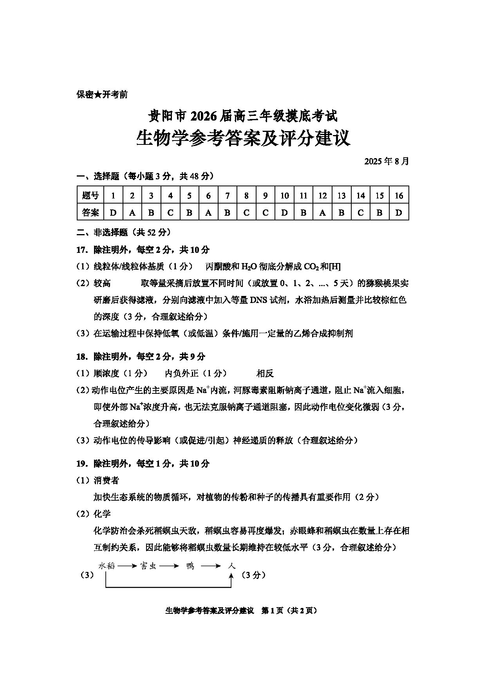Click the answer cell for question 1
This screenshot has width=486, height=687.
(113, 213)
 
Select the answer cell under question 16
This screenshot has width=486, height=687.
(399, 213)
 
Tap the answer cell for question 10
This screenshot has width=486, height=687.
(284, 213)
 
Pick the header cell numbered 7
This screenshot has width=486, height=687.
(227, 195)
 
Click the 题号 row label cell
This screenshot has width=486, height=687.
(90, 195)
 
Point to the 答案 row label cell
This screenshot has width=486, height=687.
(90, 213)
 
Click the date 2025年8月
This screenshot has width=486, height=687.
(387, 161)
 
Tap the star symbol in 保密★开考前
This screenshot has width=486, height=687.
(98, 94)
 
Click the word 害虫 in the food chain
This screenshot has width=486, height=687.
(148, 566)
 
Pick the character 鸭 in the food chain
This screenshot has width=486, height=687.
(190, 566)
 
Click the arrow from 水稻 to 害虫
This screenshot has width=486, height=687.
(126, 566)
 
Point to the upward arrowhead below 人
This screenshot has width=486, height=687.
(231, 575)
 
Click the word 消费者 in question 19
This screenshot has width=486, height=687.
(106, 480)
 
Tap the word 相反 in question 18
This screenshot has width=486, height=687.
(265, 373)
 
